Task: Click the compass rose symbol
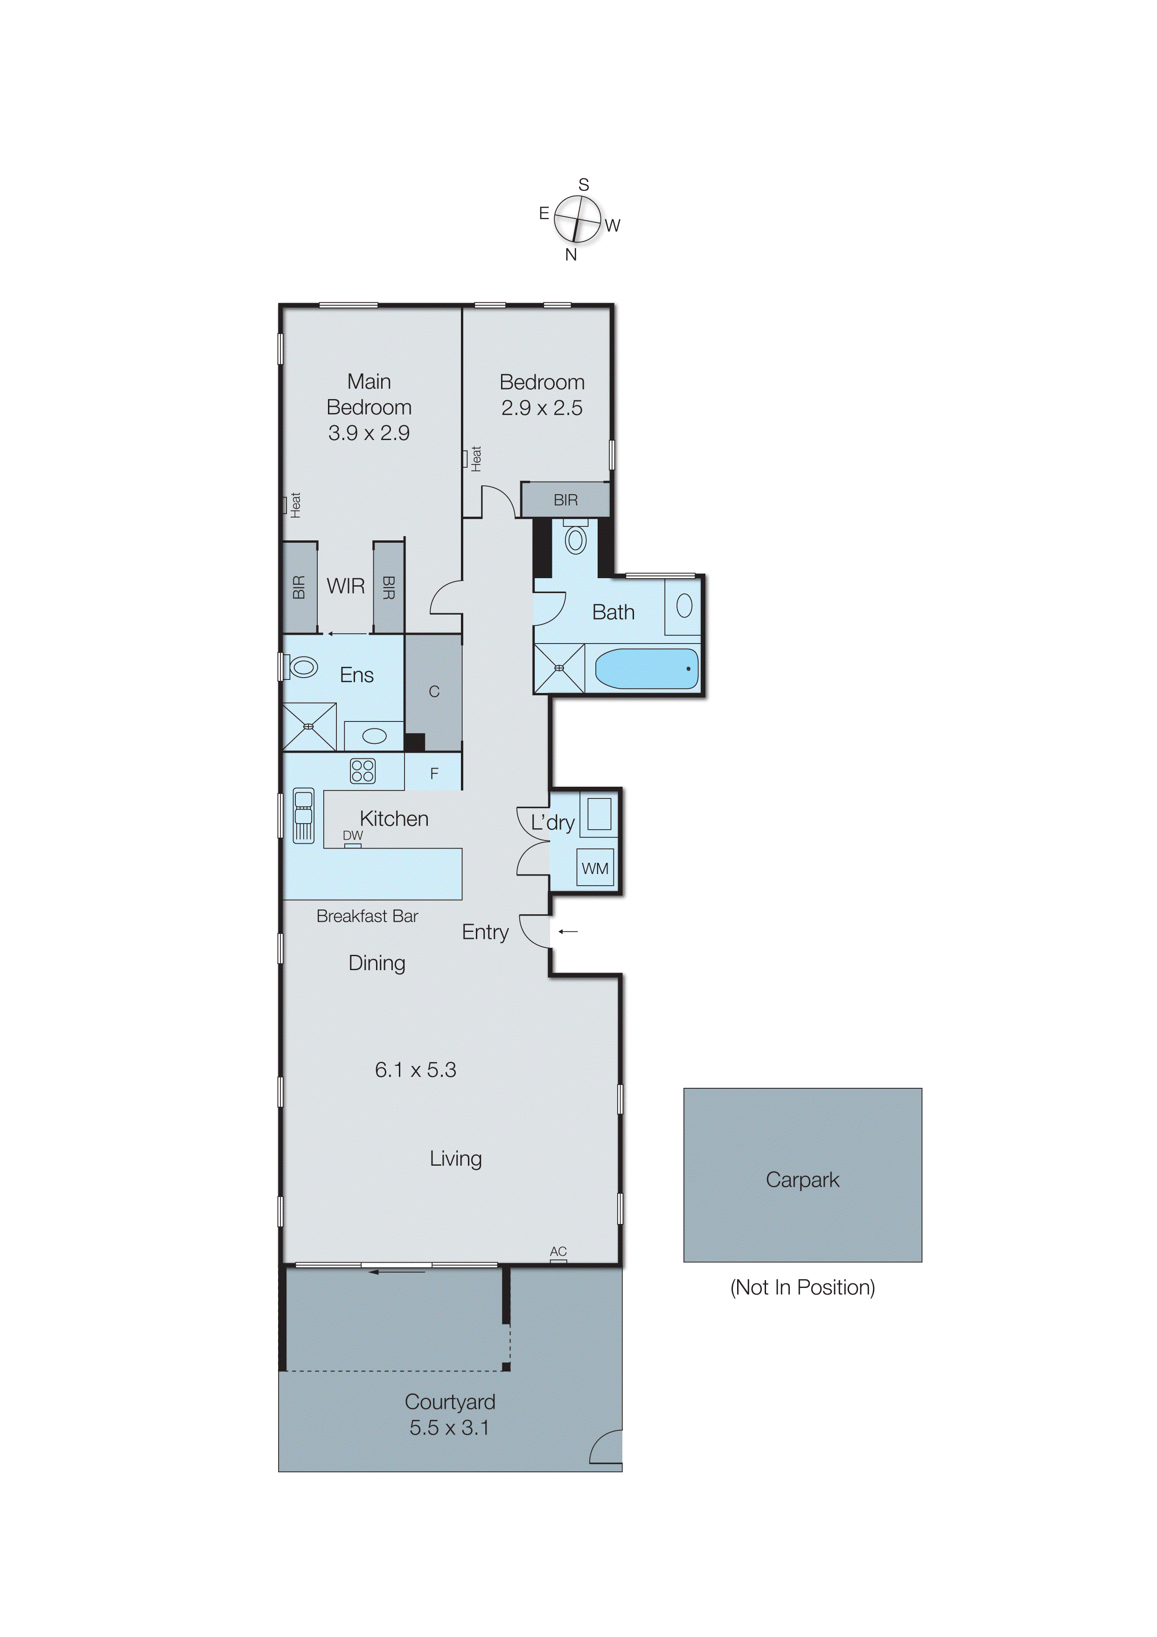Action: [x=578, y=219]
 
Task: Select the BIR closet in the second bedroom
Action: [x=565, y=500]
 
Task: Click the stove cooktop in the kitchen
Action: [x=362, y=771]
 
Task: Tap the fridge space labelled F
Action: [x=433, y=773]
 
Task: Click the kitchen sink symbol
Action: [x=304, y=815]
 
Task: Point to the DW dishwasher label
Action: [x=352, y=835]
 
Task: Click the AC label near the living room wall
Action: [x=558, y=1251]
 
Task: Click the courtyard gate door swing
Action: [x=606, y=1448]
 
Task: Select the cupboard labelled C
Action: [x=433, y=692]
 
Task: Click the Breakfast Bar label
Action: [x=367, y=916]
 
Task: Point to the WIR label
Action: [x=346, y=586]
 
